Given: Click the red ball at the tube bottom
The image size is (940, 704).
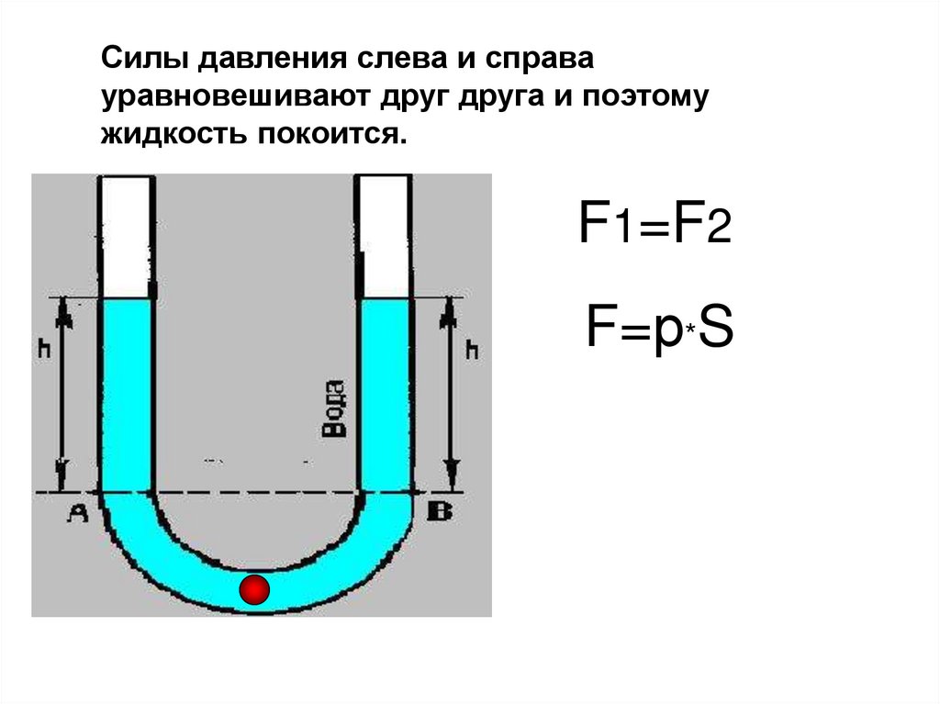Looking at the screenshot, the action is (x=253, y=589).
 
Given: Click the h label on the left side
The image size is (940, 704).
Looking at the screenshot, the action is (x=42, y=350).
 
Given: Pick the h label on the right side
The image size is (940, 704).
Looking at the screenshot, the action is (x=473, y=350).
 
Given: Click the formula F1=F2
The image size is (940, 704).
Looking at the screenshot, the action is (x=654, y=225).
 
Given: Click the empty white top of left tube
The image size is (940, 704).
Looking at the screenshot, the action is (x=126, y=236).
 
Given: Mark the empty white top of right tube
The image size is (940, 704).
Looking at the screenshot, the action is (x=385, y=236).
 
